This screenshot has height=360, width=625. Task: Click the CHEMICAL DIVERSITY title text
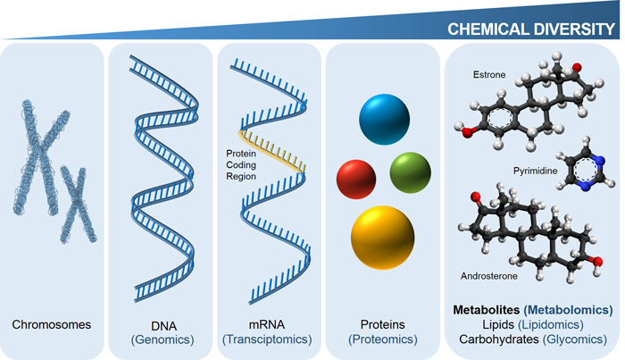531,28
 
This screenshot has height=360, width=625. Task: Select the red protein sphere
354,177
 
